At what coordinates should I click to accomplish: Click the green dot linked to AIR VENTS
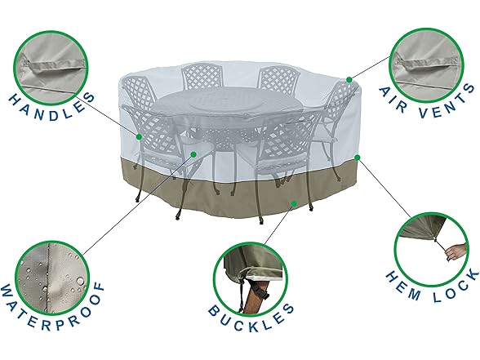click(x=349, y=79)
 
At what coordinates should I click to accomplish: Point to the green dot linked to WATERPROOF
click(x=193, y=153)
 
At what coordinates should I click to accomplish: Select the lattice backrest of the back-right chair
click(x=278, y=79)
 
